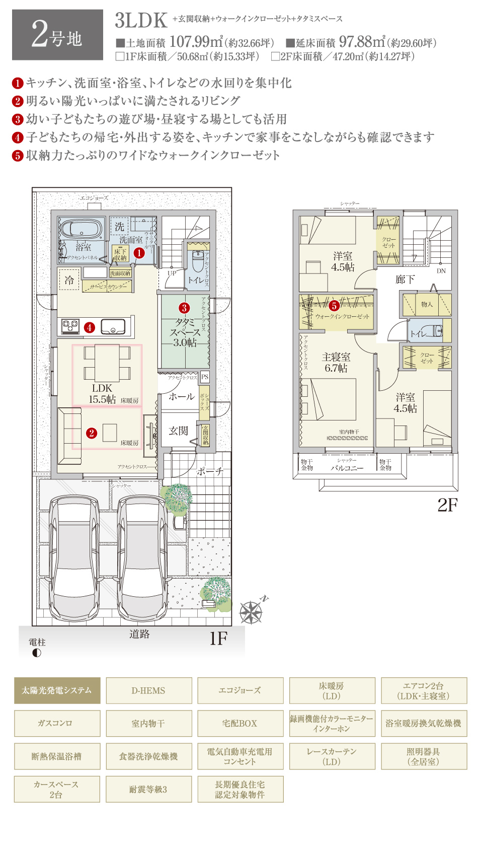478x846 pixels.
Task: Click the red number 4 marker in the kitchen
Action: coord(90,328)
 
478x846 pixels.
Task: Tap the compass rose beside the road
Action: coord(251,612)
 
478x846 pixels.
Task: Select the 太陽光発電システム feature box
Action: coord(57,690)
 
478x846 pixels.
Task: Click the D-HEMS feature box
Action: coord(148,690)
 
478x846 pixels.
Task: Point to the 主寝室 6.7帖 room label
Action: coord(336,362)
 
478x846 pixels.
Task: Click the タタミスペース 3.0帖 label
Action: coord(185,332)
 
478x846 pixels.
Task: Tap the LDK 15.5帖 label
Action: coord(102,394)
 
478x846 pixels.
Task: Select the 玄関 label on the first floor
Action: coord(178,431)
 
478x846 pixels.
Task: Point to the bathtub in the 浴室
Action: coord(82,229)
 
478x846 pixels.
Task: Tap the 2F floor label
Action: coord(447,505)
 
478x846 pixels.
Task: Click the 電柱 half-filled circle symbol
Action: coord(36,653)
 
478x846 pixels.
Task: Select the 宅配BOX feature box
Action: coord(240,723)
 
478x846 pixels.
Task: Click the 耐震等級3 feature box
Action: coord(148,789)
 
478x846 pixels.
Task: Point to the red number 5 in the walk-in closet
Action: coord(334,306)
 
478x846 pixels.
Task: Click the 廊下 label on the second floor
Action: coord(405,279)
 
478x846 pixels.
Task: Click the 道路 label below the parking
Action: coord(139,634)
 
